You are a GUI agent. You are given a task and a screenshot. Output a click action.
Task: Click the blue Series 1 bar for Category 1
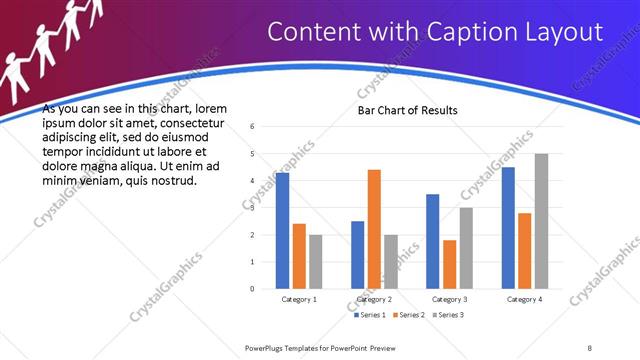coord(283,231)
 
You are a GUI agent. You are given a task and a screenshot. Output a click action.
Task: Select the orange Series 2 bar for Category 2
coord(374,229)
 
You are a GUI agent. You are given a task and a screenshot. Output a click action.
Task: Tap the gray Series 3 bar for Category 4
coord(541,221)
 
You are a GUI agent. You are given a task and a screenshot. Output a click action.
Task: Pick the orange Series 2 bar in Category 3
coord(449,264)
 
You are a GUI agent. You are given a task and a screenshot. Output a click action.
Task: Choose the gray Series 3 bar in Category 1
coord(316,262)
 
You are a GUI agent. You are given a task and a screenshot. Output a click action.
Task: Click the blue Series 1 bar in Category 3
coord(432,241)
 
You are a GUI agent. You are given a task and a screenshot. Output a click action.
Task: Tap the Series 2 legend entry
coord(410,314)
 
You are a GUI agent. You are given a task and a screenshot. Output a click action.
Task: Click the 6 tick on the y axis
coord(252,126)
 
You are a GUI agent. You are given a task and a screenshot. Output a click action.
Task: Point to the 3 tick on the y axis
coord(252,208)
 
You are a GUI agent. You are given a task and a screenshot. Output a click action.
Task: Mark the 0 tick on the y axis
coord(252,289)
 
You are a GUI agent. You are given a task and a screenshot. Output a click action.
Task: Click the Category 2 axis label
coord(374,299)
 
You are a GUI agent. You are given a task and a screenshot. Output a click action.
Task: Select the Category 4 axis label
coord(524,299)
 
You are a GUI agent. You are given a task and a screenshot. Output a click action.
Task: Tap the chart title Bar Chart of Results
coord(408,109)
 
